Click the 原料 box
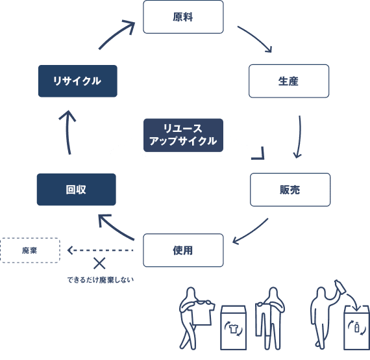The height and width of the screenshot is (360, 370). point(183,17)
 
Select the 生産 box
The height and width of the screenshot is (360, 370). point(289,81)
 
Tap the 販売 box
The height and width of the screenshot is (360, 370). point(290,189)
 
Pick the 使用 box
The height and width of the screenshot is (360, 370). point(183,250)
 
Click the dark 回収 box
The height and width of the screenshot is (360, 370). point(76,189)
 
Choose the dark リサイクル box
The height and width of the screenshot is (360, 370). point(77,81)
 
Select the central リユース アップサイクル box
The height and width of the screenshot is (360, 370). point(182,135)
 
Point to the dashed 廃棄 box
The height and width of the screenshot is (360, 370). point(30,250)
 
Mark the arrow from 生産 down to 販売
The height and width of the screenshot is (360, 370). point(299,136)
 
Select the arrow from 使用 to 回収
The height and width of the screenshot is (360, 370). point(116,227)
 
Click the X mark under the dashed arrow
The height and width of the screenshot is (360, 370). point(99,263)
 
